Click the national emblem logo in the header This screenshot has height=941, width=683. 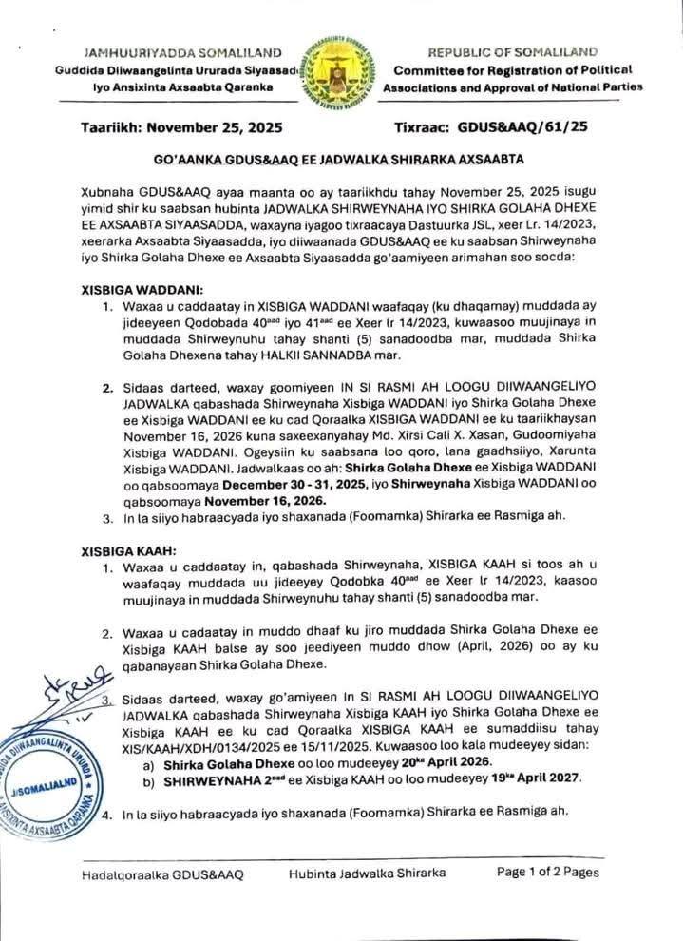[x=340, y=69]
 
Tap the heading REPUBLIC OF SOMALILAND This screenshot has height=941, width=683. [x=512, y=51]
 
